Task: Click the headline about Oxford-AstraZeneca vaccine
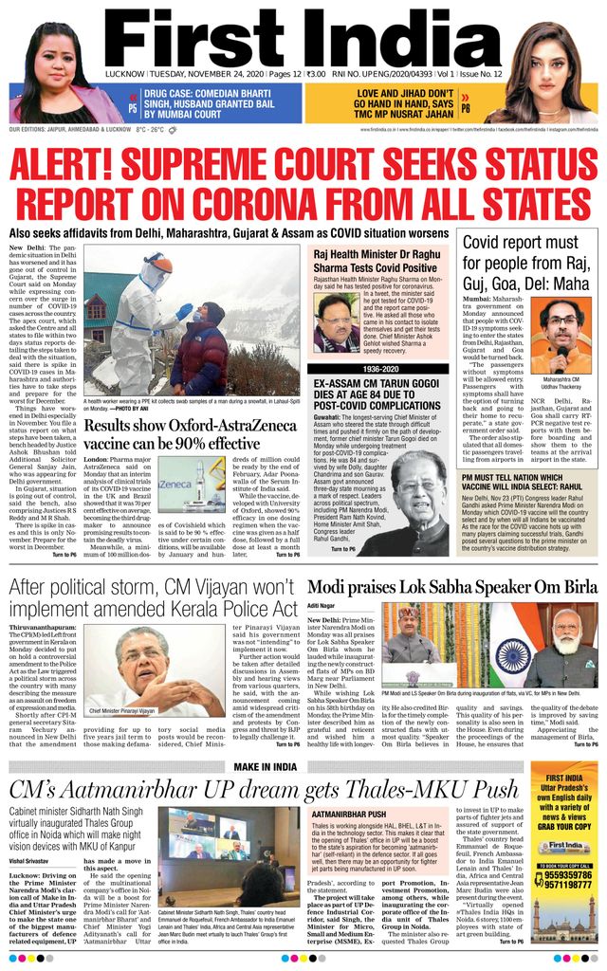(172, 433)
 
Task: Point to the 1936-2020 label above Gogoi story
(379, 367)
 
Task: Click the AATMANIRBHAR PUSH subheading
(348, 814)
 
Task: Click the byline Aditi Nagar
(323, 605)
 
